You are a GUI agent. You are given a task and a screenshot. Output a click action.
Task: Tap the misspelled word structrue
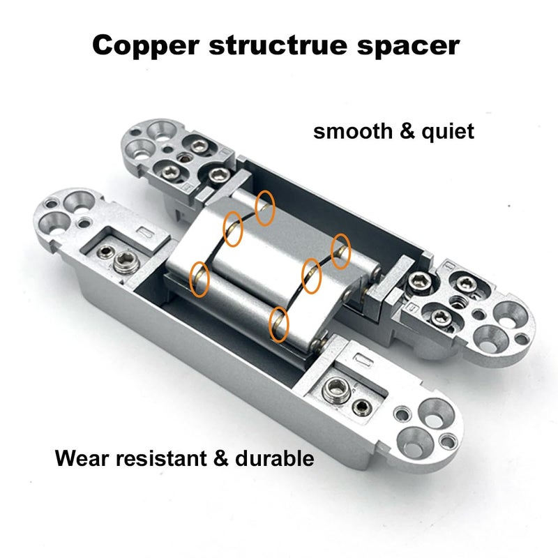tap(278, 45)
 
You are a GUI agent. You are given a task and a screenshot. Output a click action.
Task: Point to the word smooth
tap(353, 131)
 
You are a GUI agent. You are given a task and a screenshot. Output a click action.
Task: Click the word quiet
tap(448, 132)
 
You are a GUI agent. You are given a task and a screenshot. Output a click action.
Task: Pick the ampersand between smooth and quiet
tap(407, 131)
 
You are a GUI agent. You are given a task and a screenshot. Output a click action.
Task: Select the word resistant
tap(161, 458)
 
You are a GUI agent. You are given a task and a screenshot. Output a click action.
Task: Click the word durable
tap(274, 458)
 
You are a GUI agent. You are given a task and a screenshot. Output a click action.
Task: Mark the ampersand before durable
tap(220, 458)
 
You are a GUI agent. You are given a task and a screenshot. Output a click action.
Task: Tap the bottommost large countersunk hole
tap(414, 444)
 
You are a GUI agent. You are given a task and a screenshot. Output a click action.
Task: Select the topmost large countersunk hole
tap(161, 131)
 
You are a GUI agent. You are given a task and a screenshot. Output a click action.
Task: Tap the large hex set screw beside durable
tap(335, 390)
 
